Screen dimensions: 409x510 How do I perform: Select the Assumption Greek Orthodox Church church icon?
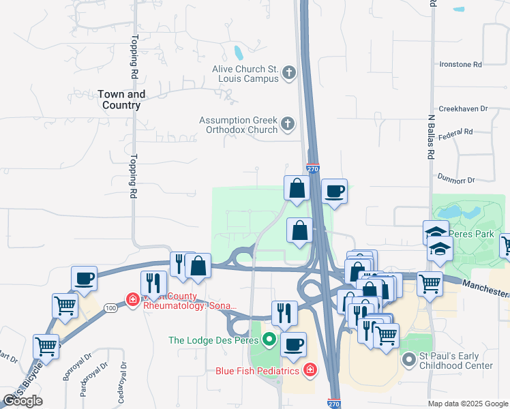point(288,124)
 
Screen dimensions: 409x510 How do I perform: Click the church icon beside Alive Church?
point(288,73)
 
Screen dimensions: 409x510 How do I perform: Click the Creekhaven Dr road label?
point(464,108)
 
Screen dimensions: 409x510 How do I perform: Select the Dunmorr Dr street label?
point(456,179)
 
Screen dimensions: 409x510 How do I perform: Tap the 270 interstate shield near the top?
point(312,169)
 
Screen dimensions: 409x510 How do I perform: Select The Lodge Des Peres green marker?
point(270,339)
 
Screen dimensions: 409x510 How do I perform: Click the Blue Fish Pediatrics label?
point(258,371)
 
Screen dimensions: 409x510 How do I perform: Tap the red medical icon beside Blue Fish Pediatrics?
point(310,370)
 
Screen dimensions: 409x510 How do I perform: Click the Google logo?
point(23,401)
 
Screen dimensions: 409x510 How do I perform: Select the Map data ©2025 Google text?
point(468,404)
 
